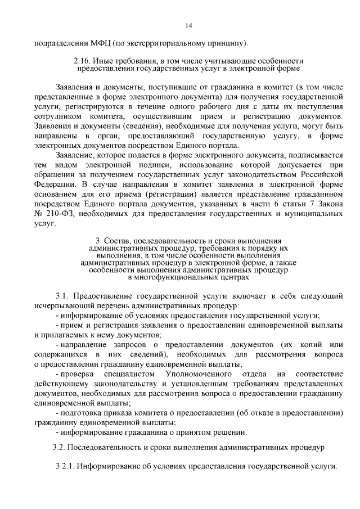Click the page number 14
coord(188,25)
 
